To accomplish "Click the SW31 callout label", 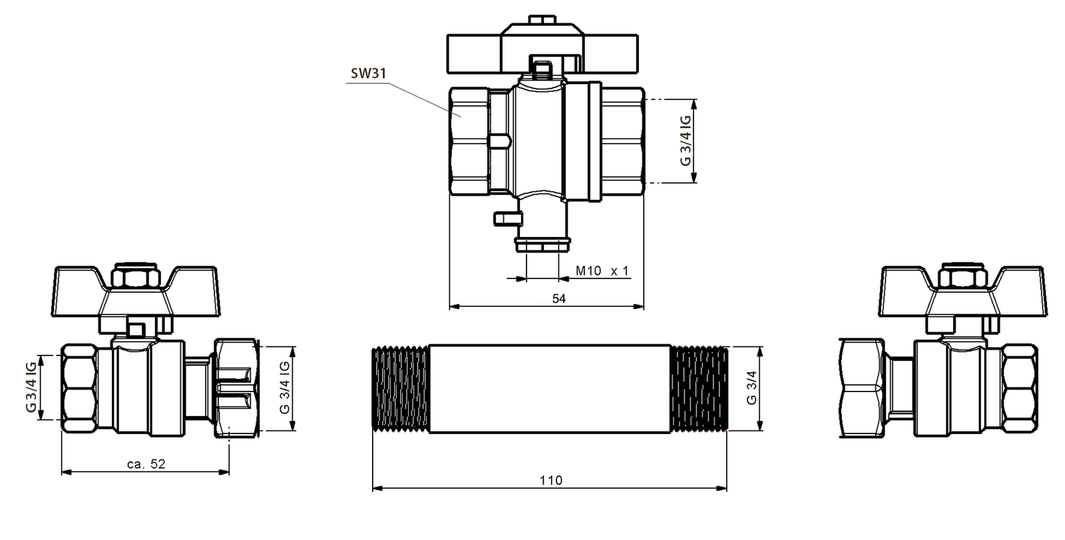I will (x=368, y=74).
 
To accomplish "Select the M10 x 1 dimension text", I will (x=602, y=271).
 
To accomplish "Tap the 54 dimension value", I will (x=558, y=299).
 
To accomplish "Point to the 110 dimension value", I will (x=550, y=480).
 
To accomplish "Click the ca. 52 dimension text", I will (x=146, y=464).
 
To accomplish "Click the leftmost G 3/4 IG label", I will (x=31, y=388).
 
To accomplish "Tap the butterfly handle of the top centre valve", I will (x=513, y=51).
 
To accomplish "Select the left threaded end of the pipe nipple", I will (x=400, y=389).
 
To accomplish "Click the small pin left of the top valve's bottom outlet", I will (x=505, y=217).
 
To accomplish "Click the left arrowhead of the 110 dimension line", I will (x=375, y=489).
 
